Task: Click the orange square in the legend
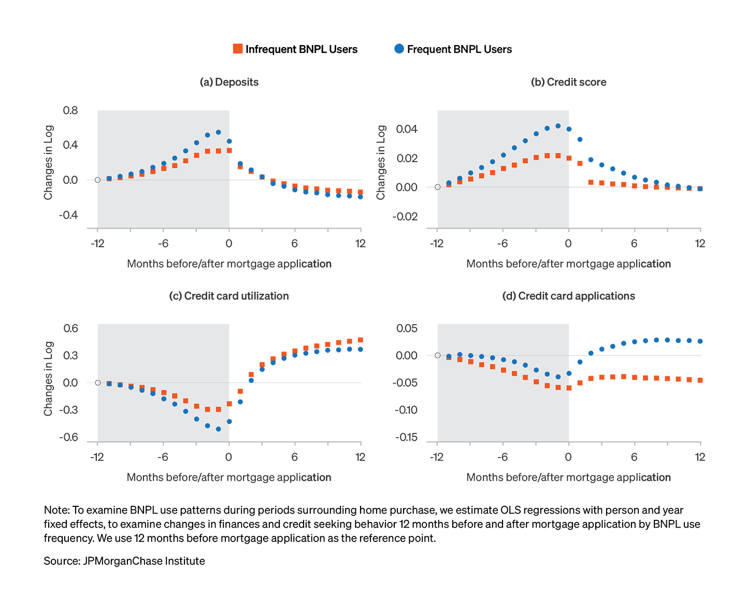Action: coord(238,49)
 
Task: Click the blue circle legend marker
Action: coord(399,49)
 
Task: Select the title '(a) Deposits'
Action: coord(229,82)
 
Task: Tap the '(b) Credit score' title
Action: coord(568,82)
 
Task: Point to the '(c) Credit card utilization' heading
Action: coord(229,296)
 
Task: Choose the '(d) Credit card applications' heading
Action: coord(568,296)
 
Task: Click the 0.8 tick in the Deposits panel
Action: coord(70,110)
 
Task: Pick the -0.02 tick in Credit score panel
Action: coord(405,216)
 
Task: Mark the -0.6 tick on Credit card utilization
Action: coord(68,437)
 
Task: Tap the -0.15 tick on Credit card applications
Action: coord(406,437)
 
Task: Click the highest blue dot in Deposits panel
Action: coord(218,132)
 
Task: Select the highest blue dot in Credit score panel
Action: coord(558,126)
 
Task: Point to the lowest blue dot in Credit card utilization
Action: coord(218,429)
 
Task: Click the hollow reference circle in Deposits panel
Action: coord(97,180)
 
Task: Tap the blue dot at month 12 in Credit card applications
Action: coord(700,341)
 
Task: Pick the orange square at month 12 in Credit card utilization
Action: coord(361,340)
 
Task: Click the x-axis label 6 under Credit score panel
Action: coord(634,244)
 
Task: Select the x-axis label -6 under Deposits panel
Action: coord(163,244)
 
